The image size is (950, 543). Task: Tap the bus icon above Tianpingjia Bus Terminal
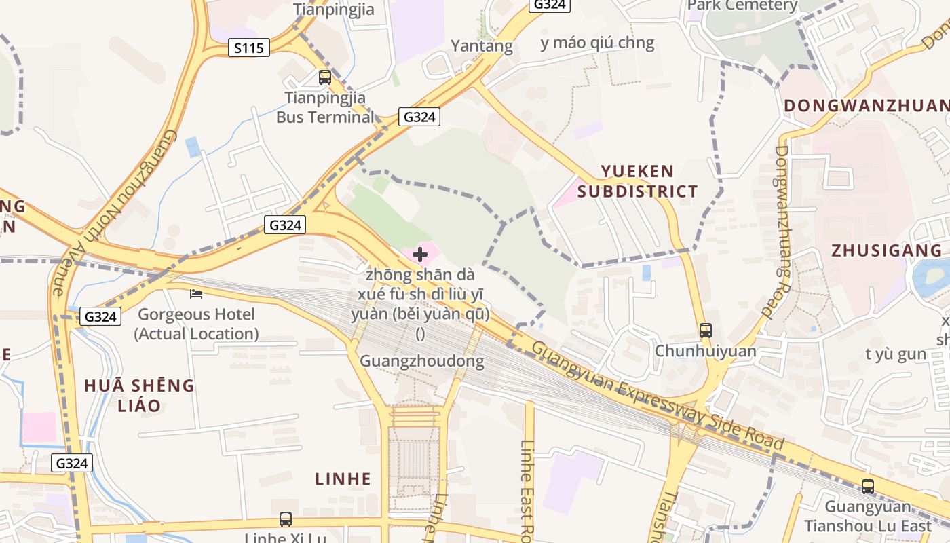click(325, 77)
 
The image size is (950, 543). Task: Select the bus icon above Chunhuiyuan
click(706, 331)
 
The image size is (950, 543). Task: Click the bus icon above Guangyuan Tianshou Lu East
click(868, 486)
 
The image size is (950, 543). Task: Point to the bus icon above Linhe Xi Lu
click(286, 519)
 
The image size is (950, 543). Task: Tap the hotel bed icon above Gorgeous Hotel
click(196, 294)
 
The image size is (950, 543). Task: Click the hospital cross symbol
click(420, 255)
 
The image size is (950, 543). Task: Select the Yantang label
click(482, 46)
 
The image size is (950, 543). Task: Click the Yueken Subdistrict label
click(637, 181)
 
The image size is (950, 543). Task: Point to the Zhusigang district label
click(887, 250)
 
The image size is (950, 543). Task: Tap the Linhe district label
click(343, 479)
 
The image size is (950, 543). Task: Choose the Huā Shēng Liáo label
click(139, 396)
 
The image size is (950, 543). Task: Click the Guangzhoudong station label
click(422, 361)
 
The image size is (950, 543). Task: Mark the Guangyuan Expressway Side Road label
click(658, 396)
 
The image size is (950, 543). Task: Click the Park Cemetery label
click(742, 6)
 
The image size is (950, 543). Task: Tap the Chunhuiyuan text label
click(705, 352)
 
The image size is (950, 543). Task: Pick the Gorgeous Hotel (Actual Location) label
click(196, 324)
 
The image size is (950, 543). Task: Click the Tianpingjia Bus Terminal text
click(325, 107)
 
